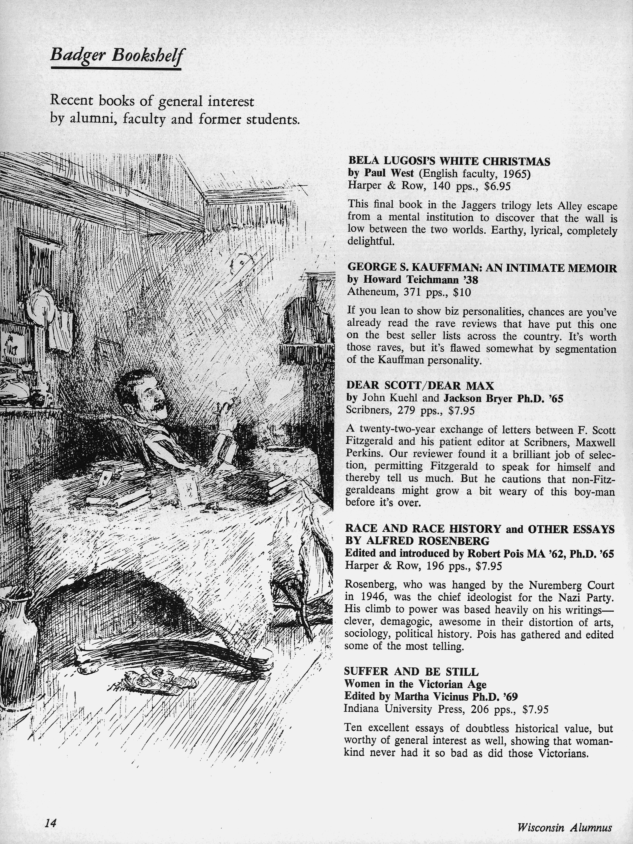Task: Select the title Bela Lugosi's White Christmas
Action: tap(449, 162)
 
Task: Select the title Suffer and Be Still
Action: tap(411, 672)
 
